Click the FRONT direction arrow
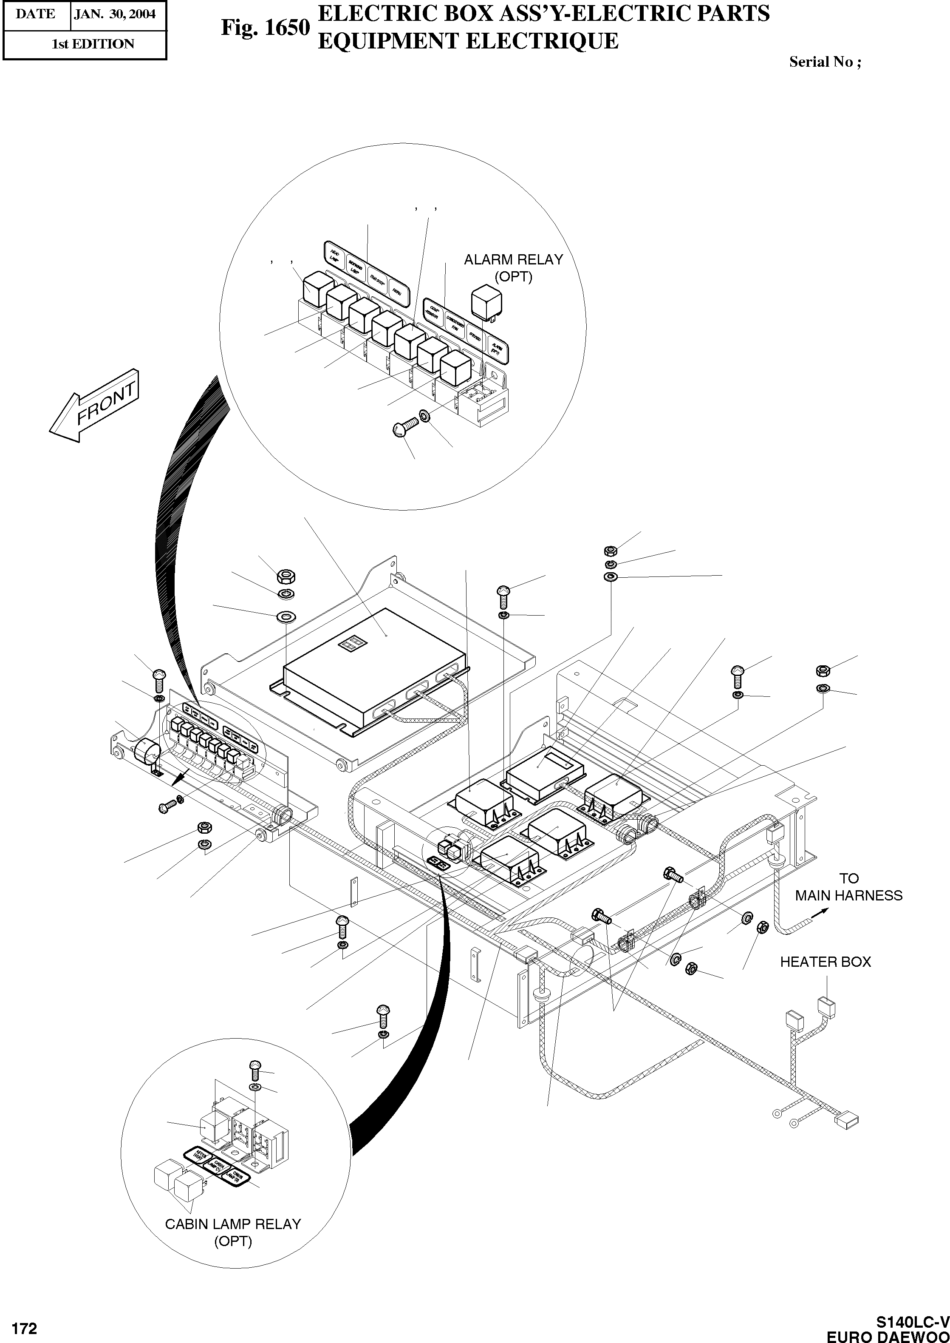coord(95,406)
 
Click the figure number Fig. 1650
coord(265,28)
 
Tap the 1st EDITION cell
coord(93,44)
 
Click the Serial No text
coord(825,62)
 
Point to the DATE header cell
coord(35,14)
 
